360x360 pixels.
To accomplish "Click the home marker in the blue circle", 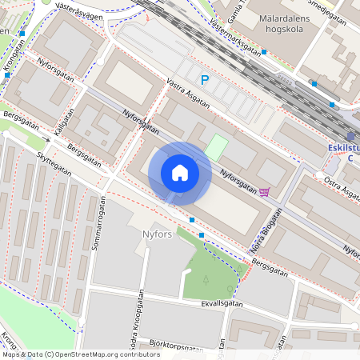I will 180,173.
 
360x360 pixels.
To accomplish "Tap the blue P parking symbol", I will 205,80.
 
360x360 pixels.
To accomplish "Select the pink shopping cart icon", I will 265,191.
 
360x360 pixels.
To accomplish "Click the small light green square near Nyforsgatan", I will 216,147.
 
